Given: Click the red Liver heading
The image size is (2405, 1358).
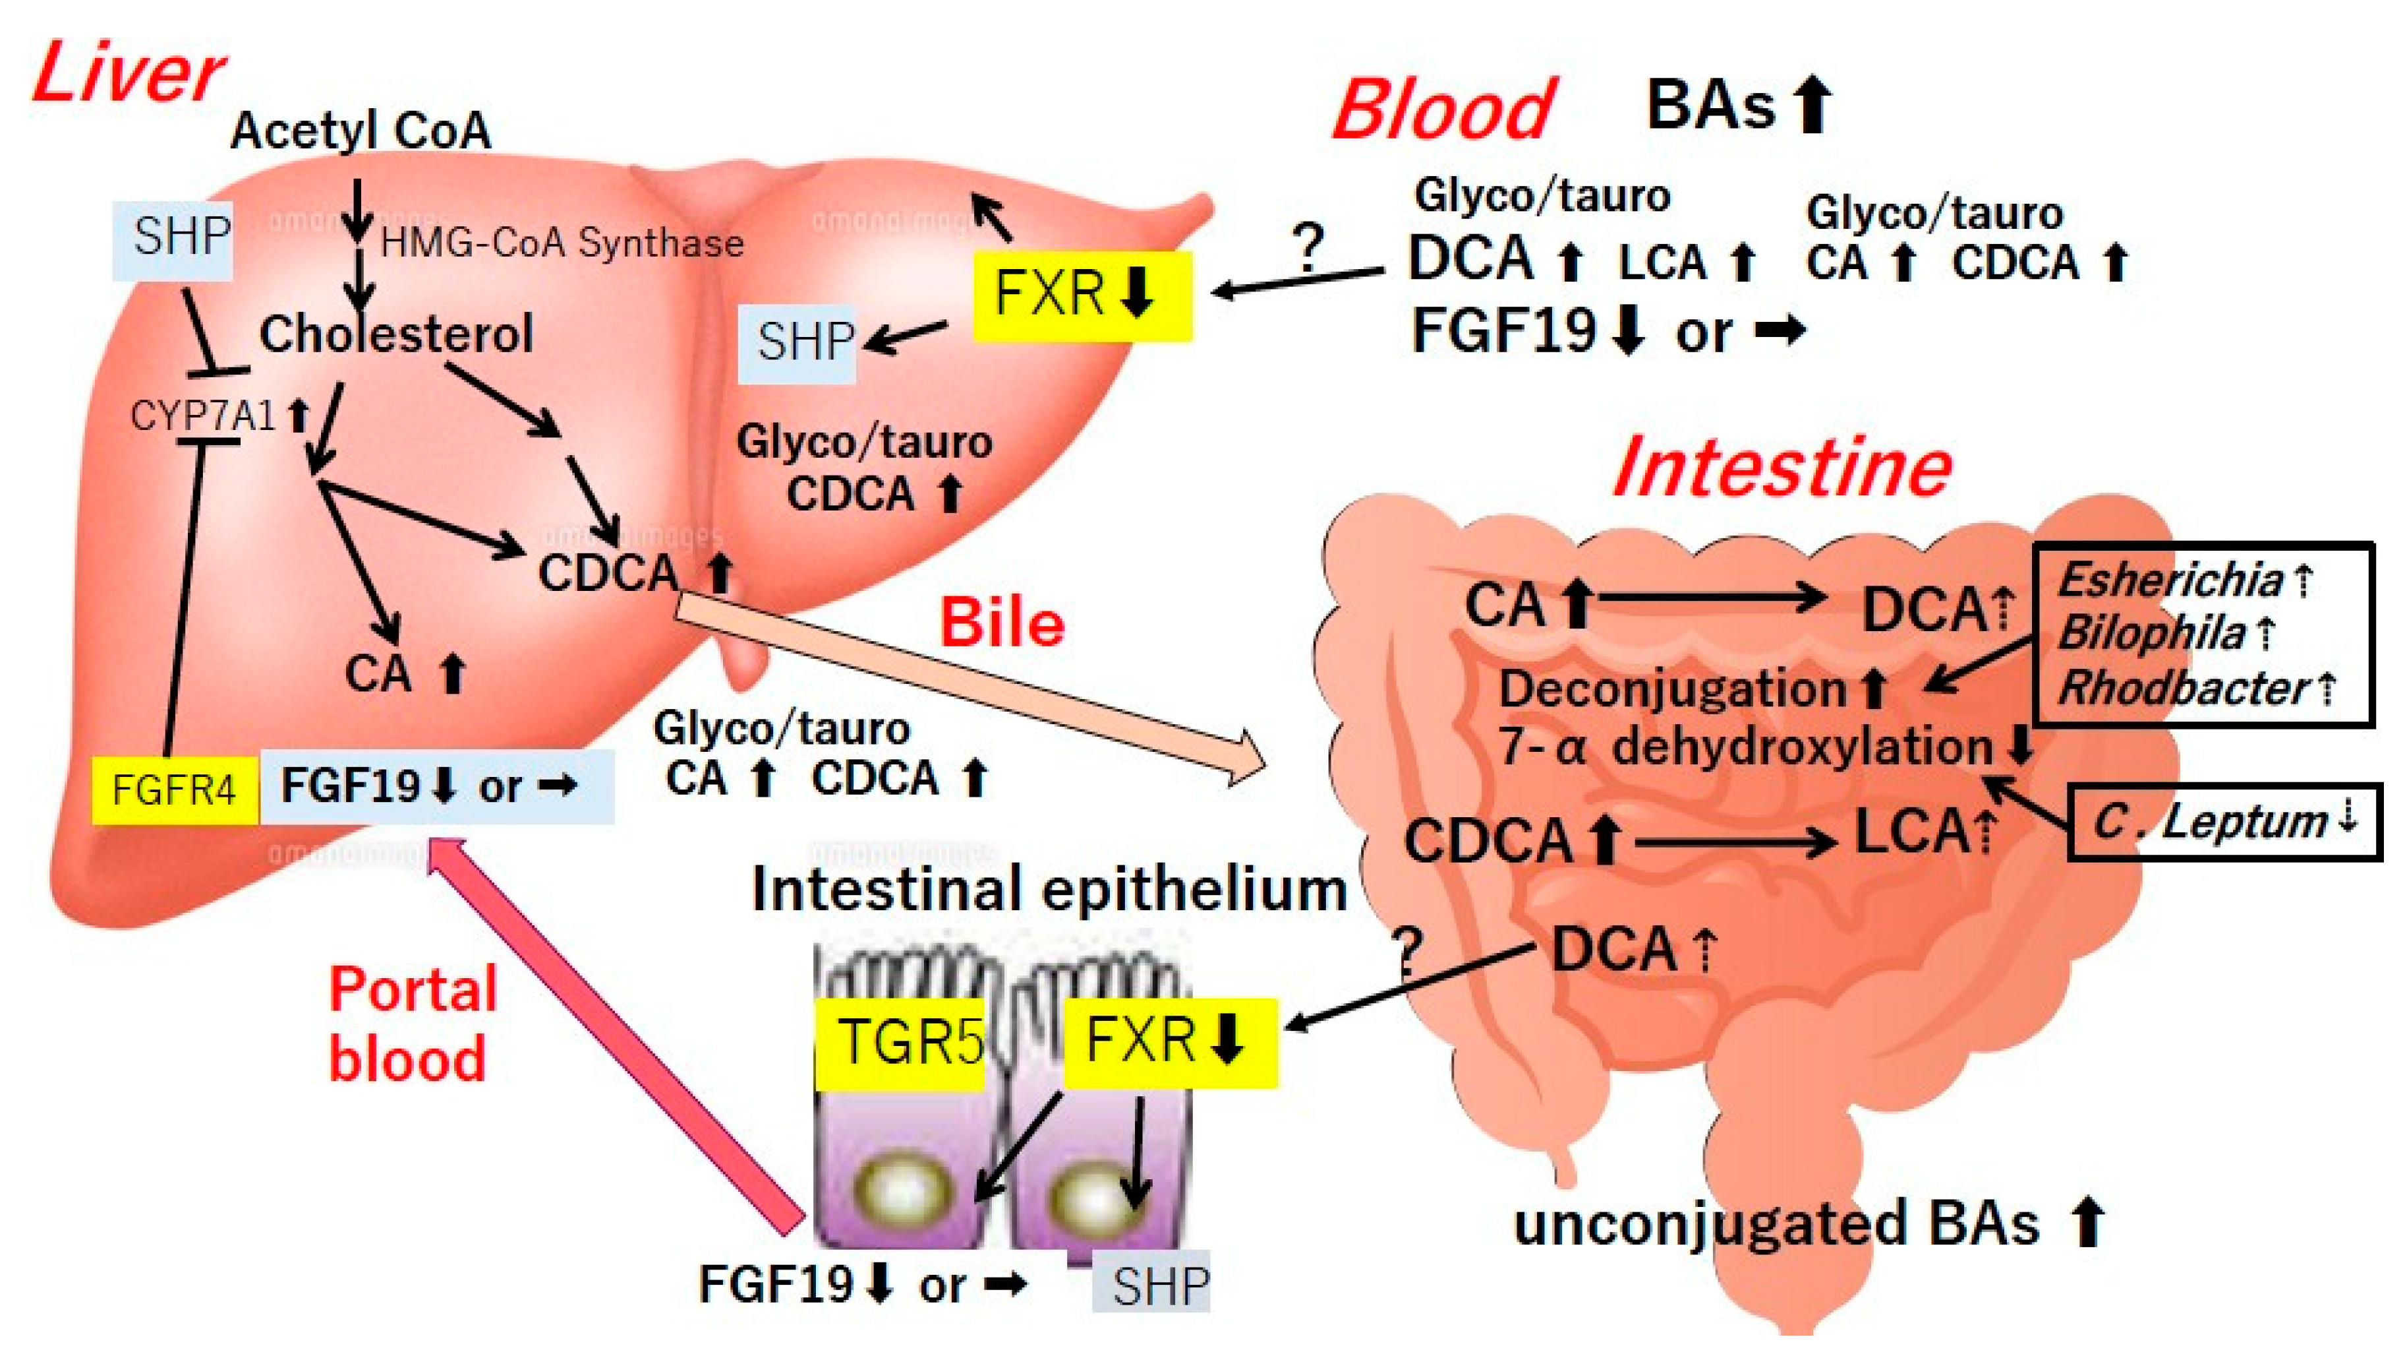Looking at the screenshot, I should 128,74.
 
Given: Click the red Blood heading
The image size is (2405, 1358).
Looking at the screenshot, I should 1443,110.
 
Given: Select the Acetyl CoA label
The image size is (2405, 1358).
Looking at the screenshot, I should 361,130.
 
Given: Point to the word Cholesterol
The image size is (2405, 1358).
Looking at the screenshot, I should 396,334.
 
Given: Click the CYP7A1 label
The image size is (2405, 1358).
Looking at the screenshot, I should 204,416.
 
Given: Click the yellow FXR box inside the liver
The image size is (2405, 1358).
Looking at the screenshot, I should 1081,294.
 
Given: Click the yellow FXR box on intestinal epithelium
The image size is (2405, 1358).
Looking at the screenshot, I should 1169,1041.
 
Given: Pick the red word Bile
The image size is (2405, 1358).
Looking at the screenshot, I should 1002,623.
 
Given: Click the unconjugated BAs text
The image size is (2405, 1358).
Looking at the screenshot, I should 1776,1224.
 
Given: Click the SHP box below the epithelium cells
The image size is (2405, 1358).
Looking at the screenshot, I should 1152,1285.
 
